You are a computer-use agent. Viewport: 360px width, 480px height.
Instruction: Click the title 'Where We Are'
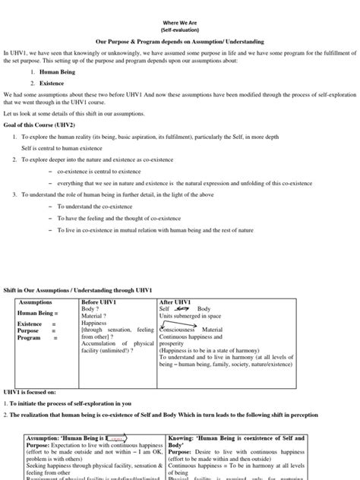tap(180, 23)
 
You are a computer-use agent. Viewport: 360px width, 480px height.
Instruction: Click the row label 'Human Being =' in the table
tap(37, 312)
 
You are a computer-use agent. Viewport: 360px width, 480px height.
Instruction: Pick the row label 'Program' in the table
tap(30, 337)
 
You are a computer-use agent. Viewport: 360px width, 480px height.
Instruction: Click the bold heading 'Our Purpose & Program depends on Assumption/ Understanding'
tap(180, 44)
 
